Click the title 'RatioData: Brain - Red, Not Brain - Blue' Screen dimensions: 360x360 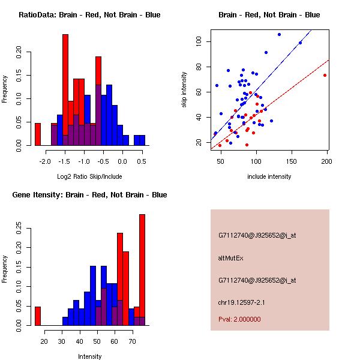pyautogui.click(x=89, y=14)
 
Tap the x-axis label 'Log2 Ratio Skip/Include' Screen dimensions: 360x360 pyautogui.click(x=89, y=176)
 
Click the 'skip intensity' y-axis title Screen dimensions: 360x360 pyautogui.click(x=184, y=89)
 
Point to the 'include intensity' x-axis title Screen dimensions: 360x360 pyautogui.click(x=269, y=176)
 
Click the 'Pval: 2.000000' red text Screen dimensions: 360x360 pyautogui.click(x=239, y=320)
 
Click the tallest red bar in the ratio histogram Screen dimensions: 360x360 pyautogui.click(x=65, y=90)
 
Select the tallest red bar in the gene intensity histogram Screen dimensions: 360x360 pyautogui.click(x=142, y=270)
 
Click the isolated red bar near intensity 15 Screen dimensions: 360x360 pyautogui.click(x=37, y=316)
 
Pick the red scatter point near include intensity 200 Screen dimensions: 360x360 pyautogui.click(x=325, y=75)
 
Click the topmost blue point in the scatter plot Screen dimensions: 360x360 pyautogui.click(x=279, y=34)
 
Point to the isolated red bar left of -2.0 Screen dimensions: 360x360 pyautogui.click(x=37, y=134)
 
